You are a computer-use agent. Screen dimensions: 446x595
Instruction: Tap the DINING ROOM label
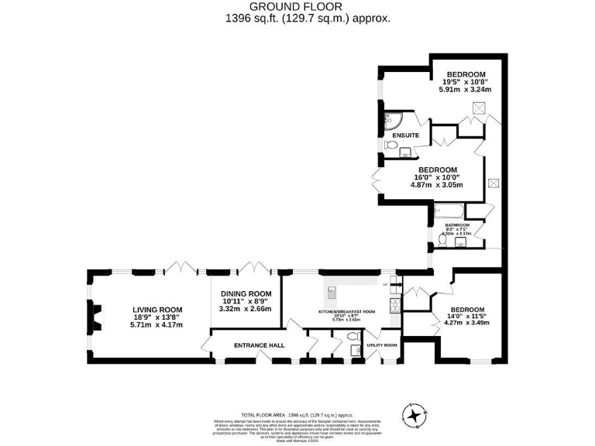pos(246,294)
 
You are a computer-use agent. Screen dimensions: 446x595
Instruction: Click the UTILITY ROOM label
pos(381,345)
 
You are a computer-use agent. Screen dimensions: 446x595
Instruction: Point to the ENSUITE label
pos(405,136)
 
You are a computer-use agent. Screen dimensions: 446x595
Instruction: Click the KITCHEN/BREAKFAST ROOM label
pos(347,311)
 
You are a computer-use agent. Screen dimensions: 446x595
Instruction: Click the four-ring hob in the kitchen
pos(394,304)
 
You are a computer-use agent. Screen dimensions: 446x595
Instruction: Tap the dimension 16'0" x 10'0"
pos(438,177)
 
